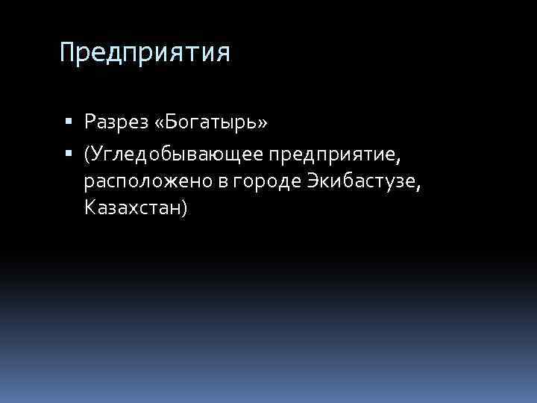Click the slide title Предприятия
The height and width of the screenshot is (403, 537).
click(x=145, y=54)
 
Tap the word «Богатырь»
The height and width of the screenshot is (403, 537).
click(x=208, y=120)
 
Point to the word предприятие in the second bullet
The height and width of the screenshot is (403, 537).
click(x=333, y=154)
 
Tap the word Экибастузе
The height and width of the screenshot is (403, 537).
click(x=361, y=181)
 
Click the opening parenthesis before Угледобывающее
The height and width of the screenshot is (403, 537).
click(x=88, y=154)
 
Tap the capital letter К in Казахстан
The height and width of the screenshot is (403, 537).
click(x=90, y=207)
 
